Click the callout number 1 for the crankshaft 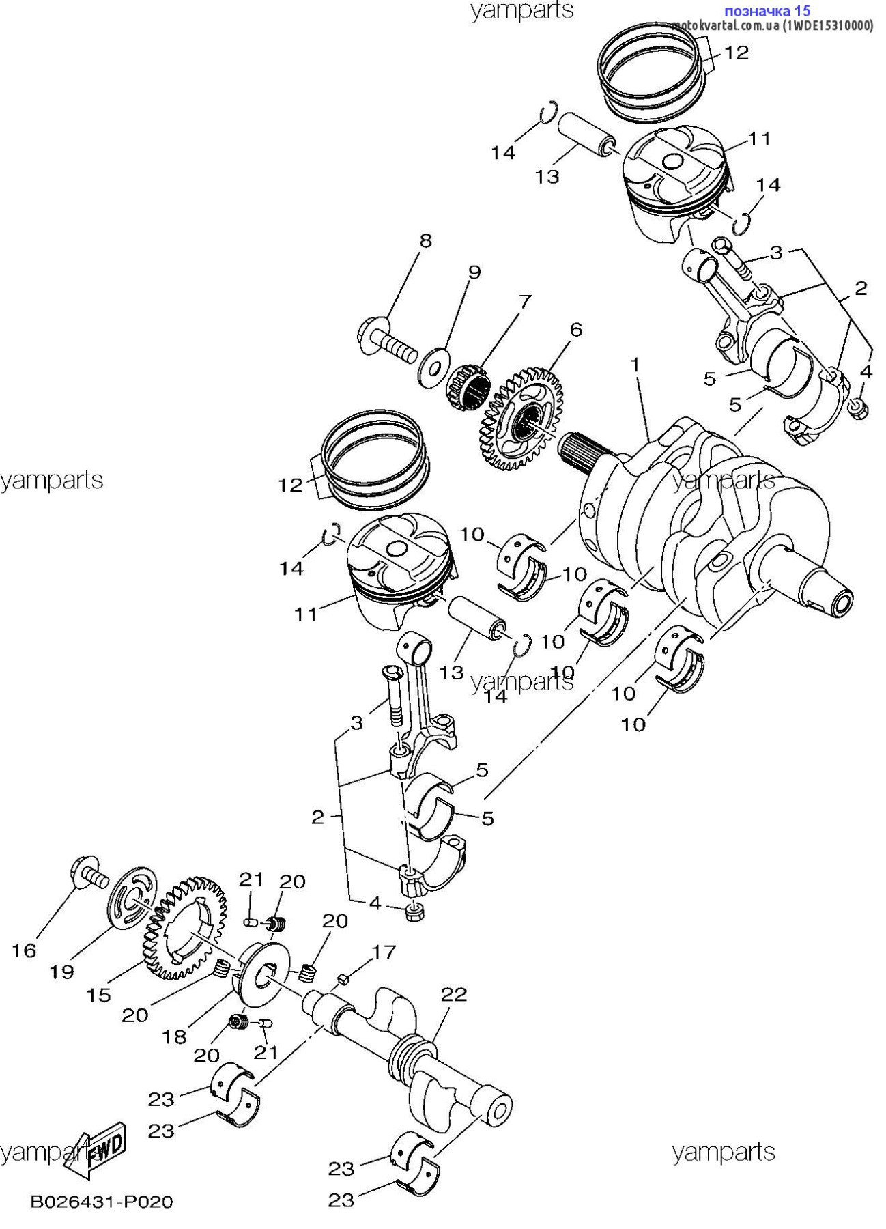pyautogui.click(x=635, y=365)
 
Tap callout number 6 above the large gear pyautogui.click(x=576, y=330)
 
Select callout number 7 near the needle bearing pyautogui.click(x=524, y=300)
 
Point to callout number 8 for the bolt pyautogui.click(x=425, y=240)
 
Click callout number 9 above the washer pyautogui.click(x=474, y=272)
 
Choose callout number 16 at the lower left pyautogui.click(x=24, y=950)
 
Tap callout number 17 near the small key pyautogui.click(x=384, y=951)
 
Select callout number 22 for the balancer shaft pyautogui.click(x=454, y=993)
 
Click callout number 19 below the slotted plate pyautogui.click(x=62, y=971)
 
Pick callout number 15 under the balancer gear pyautogui.click(x=98, y=995)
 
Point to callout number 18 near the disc pyautogui.click(x=174, y=1036)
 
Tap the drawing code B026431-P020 pyautogui.click(x=102, y=1201)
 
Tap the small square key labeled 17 pyautogui.click(x=344, y=980)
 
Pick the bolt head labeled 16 pyautogui.click(x=89, y=873)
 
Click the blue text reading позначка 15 pyautogui.click(x=767, y=10)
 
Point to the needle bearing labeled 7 pyautogui.click(x=468, y=389)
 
